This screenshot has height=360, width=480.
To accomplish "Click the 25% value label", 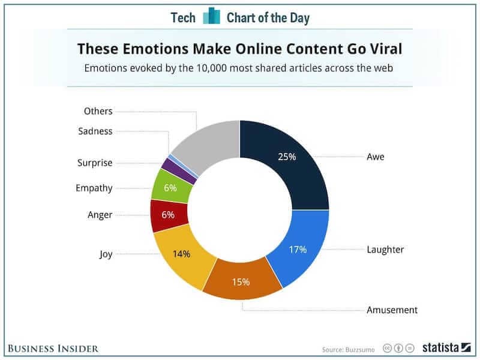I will pos(287,158).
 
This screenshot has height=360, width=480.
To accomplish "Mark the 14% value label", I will pos(181,254).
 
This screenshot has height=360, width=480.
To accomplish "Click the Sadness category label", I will pos(95,131).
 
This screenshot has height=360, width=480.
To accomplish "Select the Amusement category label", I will pos(392,310).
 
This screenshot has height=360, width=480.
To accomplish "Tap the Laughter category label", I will pos(385,249).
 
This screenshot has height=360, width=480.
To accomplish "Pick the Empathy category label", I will pos(94,188).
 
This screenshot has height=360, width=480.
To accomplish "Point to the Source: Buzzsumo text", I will pos(347,348).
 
